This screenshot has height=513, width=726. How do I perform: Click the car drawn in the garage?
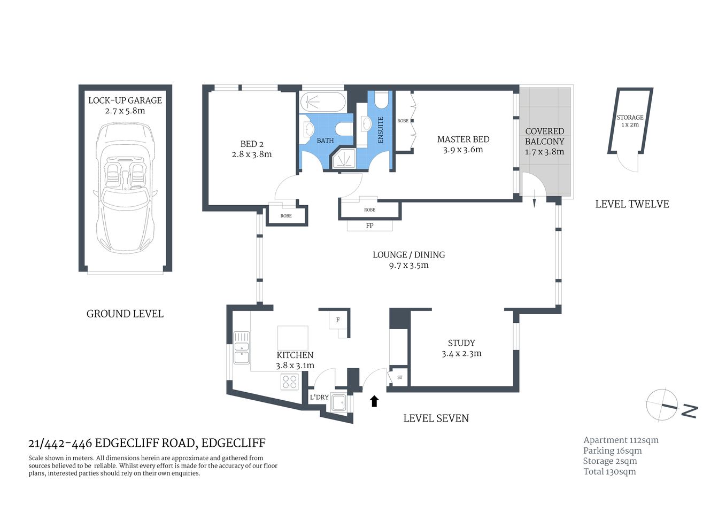pyautogui.click(x=125, y=187)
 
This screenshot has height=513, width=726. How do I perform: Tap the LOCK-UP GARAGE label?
pyautogui.click(x=125, y=100)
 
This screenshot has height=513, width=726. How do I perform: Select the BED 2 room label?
pyautogui.click(x=252, y=144)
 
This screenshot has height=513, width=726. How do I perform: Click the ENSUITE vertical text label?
pyautogui.click(x=381, y=130)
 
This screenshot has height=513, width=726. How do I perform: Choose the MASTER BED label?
pyautogui.click(x=463, y=139)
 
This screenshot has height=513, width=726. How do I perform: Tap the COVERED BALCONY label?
pyautogui.click(x=544, y=136)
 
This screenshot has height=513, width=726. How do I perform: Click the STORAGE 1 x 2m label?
pyautogui.click(x=630, y=121)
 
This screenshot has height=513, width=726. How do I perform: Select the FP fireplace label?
pyautogui.click(x=369, y=226)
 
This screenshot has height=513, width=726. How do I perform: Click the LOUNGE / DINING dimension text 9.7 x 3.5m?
pyautogui.click(x=408, y=266)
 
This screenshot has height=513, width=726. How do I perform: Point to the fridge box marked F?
pyautogui.click(x=338, y=320)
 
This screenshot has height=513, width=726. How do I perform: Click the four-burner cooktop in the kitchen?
pyautogui.click(x=290, y=382)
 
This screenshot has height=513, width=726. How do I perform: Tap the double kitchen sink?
pyautogui.click(x=242, y=347)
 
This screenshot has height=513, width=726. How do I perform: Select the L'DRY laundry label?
pyautogui.click(x=319, y=397)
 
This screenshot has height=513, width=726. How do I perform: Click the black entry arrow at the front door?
pyautogui.click(x=374, y=401)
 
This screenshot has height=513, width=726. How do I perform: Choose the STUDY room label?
pyautogui.click(x=461, y=343)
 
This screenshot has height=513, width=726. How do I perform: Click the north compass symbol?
pyautogui.click(x=663, y=405)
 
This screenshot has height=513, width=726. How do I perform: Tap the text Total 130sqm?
pyautogui.click(x=609, y=471)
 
